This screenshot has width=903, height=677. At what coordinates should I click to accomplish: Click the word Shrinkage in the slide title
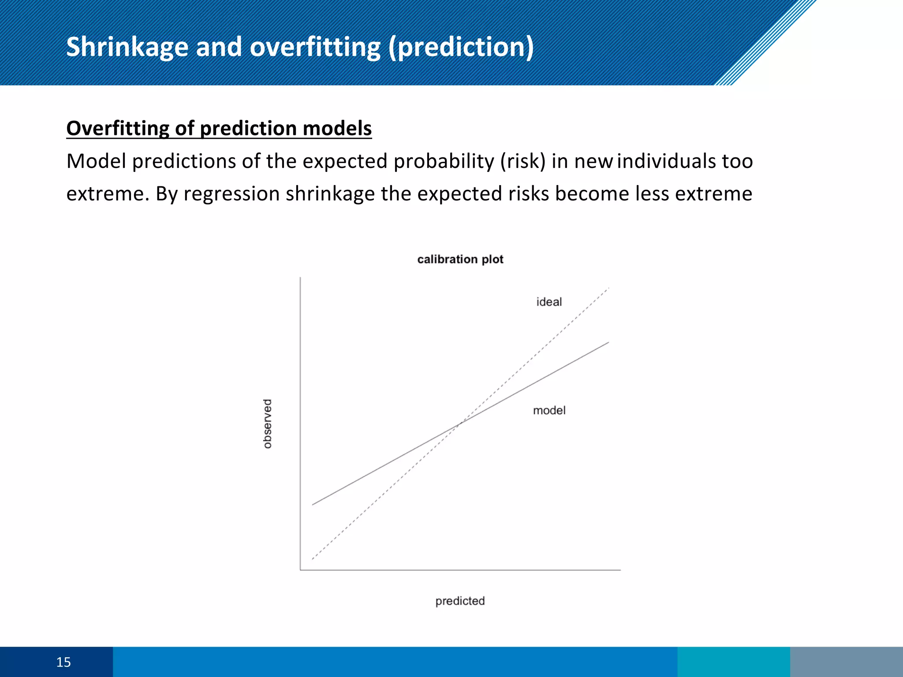click(127, 47)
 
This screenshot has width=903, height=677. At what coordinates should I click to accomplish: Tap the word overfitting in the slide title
click(315, 47)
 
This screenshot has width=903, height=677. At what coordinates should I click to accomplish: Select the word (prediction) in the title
click(461, 47)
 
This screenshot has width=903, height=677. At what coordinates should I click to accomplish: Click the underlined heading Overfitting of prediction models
click(219, 128)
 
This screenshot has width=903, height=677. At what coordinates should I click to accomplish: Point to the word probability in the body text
click(444, 161)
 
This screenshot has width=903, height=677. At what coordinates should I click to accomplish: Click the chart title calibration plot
click(460, 259)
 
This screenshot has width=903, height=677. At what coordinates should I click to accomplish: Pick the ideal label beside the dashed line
click(549, 302)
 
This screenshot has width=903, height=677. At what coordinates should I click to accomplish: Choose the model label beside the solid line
click(549, 410)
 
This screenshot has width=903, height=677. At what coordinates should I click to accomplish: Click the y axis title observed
click(267, 424)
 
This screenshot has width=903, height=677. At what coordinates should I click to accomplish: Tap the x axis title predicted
click(460, 601)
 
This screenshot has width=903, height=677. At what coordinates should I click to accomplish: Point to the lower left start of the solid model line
click(313, 504)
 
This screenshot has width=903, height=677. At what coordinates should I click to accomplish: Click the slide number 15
click(63, 662)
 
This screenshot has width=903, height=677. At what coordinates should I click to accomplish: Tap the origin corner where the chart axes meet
click(300, 570)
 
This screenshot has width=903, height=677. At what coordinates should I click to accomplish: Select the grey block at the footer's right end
click(846, 662)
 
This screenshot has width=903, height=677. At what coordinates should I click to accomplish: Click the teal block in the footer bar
click(733, 662)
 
